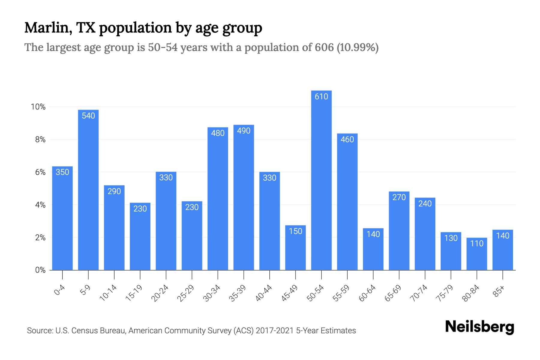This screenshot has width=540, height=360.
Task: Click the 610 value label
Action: pos(321,97)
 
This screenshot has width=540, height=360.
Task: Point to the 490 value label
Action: pos(244,131)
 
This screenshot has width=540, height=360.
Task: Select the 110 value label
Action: pos(477,243)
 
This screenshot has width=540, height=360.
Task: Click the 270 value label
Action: pos(399,197)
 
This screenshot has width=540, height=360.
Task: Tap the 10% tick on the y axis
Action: pos(38,107)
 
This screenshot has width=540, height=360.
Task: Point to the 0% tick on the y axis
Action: pos(40,270)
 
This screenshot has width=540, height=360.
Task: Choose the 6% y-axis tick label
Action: pos(40,172)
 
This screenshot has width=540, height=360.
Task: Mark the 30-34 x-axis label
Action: pos(211,293)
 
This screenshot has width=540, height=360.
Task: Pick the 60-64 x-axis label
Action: pos(367,293)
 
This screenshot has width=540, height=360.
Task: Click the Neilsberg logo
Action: pos(479,327)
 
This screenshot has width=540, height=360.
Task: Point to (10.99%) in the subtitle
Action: pos(358,47)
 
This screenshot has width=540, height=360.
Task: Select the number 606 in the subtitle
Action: pos(324,47)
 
